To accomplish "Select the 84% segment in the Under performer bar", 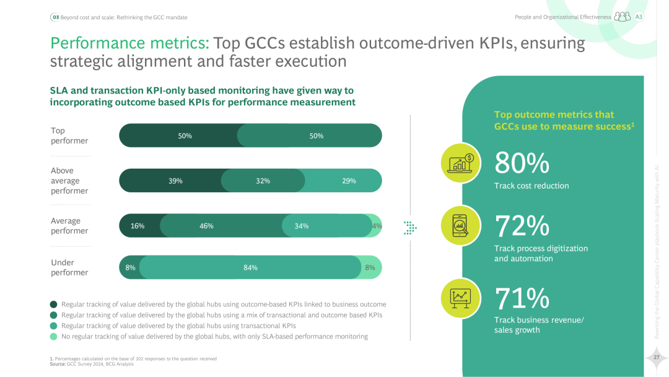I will coord(250,267).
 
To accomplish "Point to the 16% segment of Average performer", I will coord(138,226).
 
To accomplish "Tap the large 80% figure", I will coord(522,163).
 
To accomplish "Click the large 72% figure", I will coord(522,226).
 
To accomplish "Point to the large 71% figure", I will coord(522,298).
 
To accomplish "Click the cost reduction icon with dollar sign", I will coord(461,163).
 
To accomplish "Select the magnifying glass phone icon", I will coord(461,225).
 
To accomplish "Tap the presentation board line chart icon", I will coord(461,298).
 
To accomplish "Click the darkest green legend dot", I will coord(54,304).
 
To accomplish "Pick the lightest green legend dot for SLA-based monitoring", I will coord(54,337).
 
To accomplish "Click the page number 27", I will coord(656,357).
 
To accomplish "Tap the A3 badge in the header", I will coord(639,17).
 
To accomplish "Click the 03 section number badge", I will coord(55,17).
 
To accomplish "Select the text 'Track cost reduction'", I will coord(531,185).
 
